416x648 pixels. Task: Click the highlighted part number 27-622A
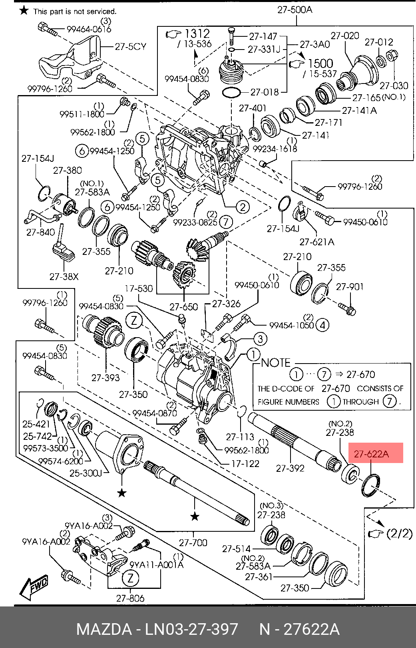click(x=371, y=454)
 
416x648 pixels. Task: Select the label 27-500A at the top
click(x=295, y=10)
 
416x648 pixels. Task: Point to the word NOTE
click(x=276, y=363)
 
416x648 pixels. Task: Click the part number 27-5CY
click(x=130, y=47)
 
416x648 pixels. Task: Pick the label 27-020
click(x=344, y=36)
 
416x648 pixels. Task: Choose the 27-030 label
click(x=394, y=85)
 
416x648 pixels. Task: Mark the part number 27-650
click(x=183, y=307)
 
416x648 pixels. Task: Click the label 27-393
click(x=105, y=378)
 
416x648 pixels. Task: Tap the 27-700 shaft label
click(x=193, y=543)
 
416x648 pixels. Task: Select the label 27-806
click(x=130, y=598)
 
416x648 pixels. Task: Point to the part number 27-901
click(x=350, y=287)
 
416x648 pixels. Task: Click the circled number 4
click(x=322, y=325)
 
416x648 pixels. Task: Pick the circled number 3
click(x=260, y=339)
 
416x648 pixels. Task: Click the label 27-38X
click(x=64, y=276)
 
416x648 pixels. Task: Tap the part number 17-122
click(x=245, y=464)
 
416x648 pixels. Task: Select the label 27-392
click(x=290, y=468)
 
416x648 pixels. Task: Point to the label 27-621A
click(x=317, y=242)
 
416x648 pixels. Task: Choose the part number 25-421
click(x=36, y=424)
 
